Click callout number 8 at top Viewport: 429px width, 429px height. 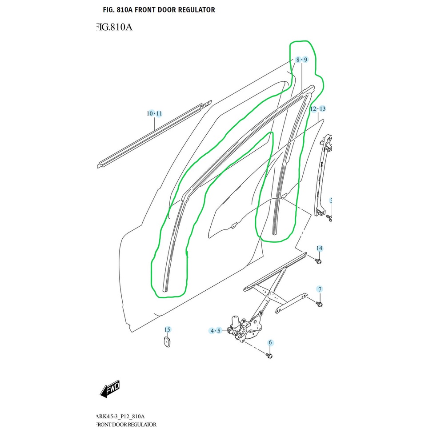click(298, 60)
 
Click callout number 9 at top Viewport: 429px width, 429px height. click(305, 60)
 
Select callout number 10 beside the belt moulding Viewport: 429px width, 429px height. click(151, 114)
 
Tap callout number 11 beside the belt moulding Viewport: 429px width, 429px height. click(159, 114)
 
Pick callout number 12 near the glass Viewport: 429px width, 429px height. click(313, 109)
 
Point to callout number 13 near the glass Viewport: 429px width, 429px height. click(322, 109)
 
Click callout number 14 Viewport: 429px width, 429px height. click(319, 248)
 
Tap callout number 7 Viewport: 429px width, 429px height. click(319, 289)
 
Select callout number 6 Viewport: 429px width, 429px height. click(270, 342)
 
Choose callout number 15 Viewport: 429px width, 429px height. click(167, 329)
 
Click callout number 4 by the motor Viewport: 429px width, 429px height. click(212, 331)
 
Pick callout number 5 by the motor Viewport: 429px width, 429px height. click(219, 331)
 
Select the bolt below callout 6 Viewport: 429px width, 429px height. click(269, 356)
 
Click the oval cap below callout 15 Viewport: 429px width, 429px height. click(167, 342)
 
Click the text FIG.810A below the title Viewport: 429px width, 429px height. click(114, 28)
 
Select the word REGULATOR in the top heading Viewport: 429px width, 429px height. click(194, 10)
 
